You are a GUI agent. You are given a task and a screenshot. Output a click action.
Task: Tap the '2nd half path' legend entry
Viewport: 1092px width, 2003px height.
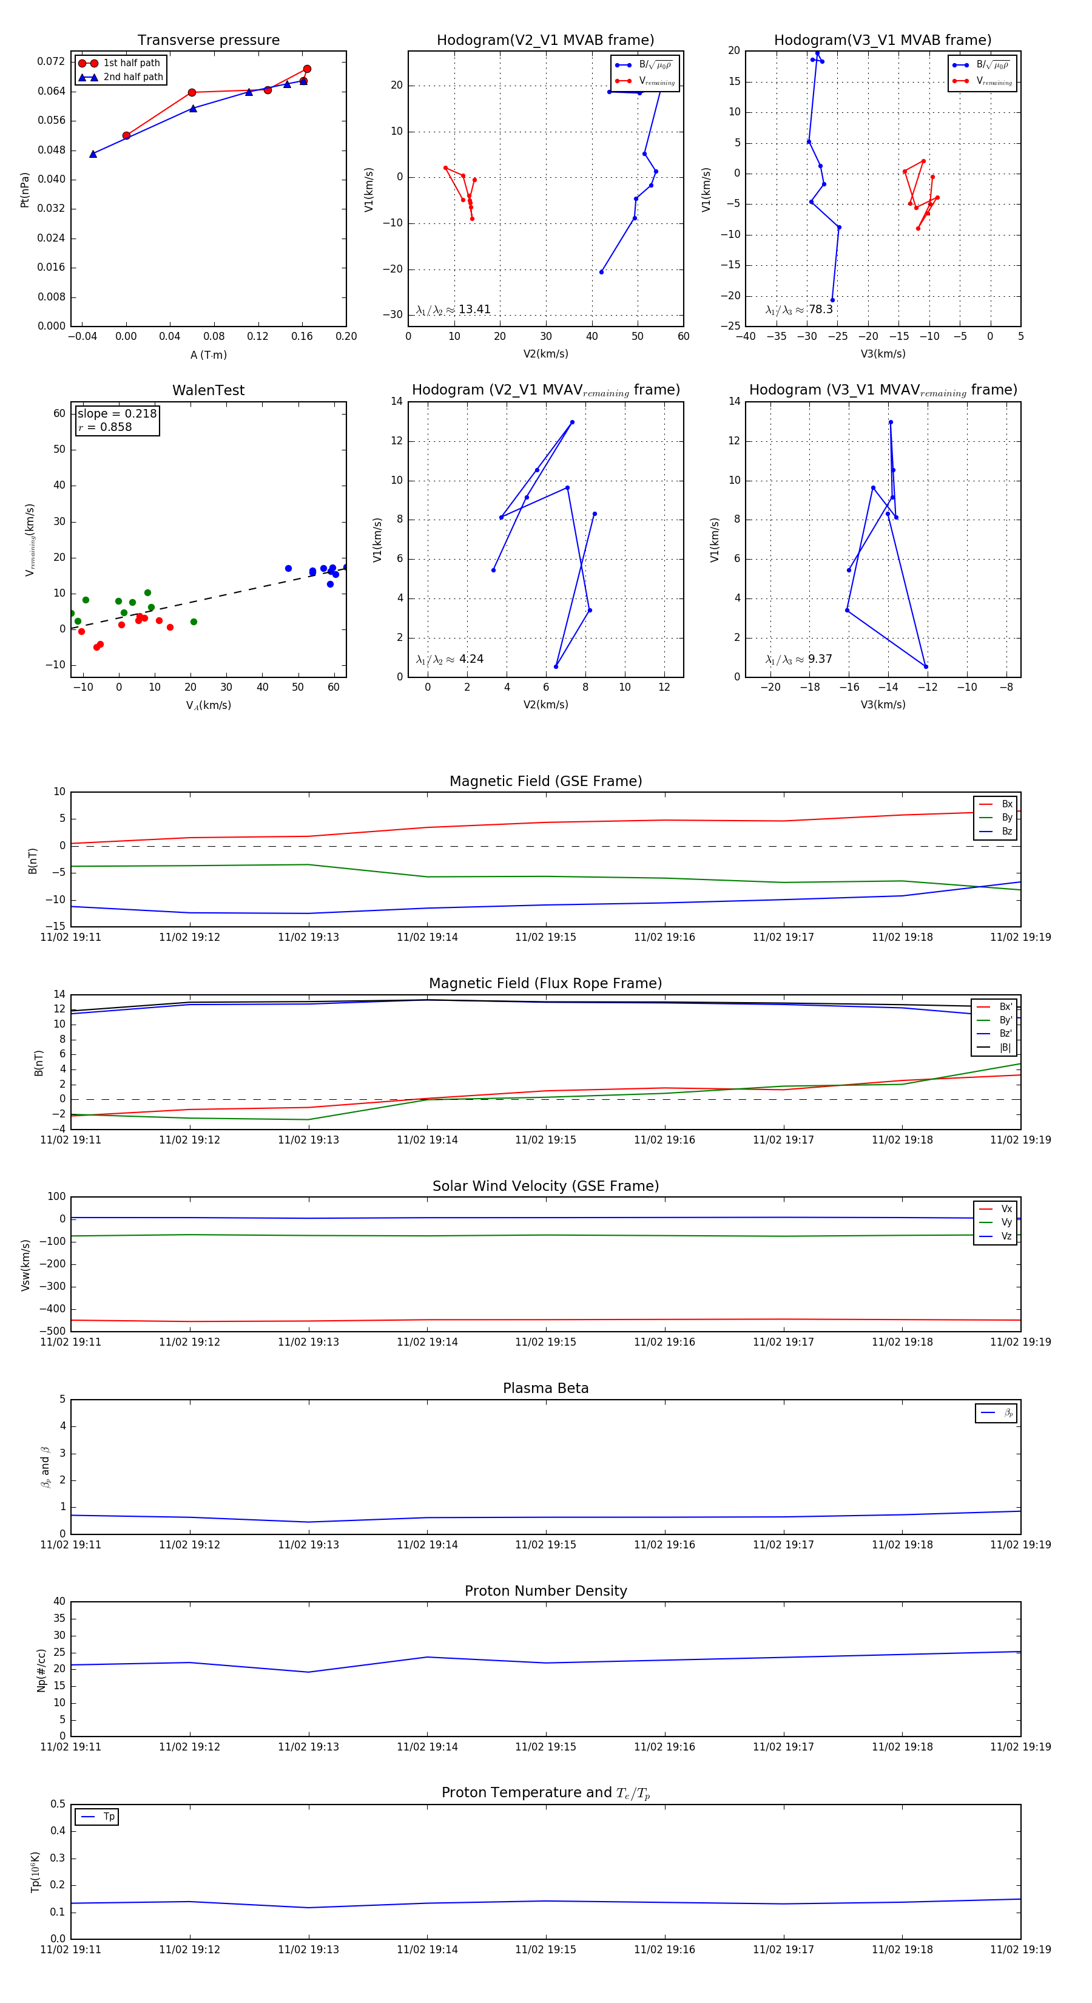point(133,77)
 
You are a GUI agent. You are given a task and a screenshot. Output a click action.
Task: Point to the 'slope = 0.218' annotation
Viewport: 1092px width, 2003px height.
point(116,414)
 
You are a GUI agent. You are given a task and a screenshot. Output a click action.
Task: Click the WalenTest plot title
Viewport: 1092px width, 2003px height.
point(208,390)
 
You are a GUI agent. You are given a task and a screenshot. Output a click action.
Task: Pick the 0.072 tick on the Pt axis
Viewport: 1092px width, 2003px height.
point(52,61)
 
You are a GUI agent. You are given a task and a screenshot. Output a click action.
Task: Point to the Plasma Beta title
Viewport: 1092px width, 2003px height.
point(545,1388)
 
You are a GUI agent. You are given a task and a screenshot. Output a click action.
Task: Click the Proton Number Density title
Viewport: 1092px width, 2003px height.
point(545,1591)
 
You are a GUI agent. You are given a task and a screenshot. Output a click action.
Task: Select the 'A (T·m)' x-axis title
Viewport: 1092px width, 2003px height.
point(208,355)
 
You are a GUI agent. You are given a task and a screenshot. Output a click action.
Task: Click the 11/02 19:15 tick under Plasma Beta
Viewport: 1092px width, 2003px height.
point(545,1544)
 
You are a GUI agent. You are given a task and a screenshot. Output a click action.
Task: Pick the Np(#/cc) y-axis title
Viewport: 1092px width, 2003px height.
point(42,1670)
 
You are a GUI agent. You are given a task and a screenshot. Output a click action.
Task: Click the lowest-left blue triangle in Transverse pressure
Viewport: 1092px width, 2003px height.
point(93,154)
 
